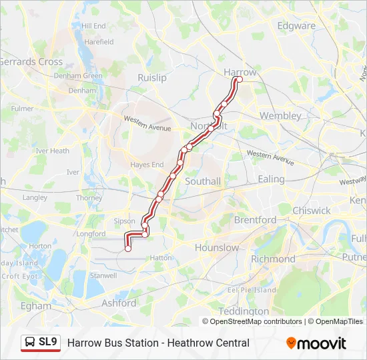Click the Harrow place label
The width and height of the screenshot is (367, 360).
point(240,72)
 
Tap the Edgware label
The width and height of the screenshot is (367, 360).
point(296,26)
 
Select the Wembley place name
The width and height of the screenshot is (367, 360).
point(280,115)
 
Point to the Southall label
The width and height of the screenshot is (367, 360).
point(202,181)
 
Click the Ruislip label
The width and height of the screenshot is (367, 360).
point(151,78)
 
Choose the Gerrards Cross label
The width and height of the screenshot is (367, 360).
point(31,61)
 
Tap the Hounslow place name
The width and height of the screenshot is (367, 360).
point(216,247)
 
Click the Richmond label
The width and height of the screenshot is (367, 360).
point(273,259)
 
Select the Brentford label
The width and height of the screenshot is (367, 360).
point(255,219)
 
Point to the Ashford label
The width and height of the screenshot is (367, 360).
point(118,303)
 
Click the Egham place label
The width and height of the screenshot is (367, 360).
point(35,306)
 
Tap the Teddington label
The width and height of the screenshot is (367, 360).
point(244,311)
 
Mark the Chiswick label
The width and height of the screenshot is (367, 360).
point(311,211)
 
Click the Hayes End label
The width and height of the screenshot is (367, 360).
point(147,165)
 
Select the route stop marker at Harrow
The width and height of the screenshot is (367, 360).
point(239,80)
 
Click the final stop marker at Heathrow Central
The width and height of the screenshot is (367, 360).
point(128,249)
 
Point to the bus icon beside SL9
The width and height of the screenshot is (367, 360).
point(30,343)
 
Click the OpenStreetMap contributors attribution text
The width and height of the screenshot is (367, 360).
point(256,321)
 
